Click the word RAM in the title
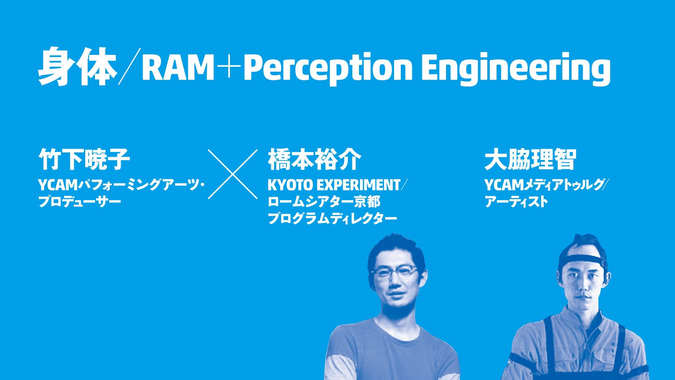pyautogui.click(x=178, y=68)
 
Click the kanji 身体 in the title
pyautogui.click(x=77, y=66)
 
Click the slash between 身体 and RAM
pyautogui.click(x=129, y=66)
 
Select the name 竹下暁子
pyautogui.click(x=84, y=159)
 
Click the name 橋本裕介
pyautogui.click(x=314, y=159)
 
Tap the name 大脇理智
pyautogui.click(x=530, y=159)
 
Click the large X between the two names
pyautogui.click(x=232, y=174)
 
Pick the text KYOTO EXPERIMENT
pyautogui.click(x=334, y=185)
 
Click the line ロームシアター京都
pyautogui.click(x=324, y=202)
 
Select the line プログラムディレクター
pyautogui.click(x=332, y=218)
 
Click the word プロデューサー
pyautogui.click(x=80, y=201)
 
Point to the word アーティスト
pyautogui.click(x=516, y=201)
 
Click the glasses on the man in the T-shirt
pyautogui.click(x=395, y=274)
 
